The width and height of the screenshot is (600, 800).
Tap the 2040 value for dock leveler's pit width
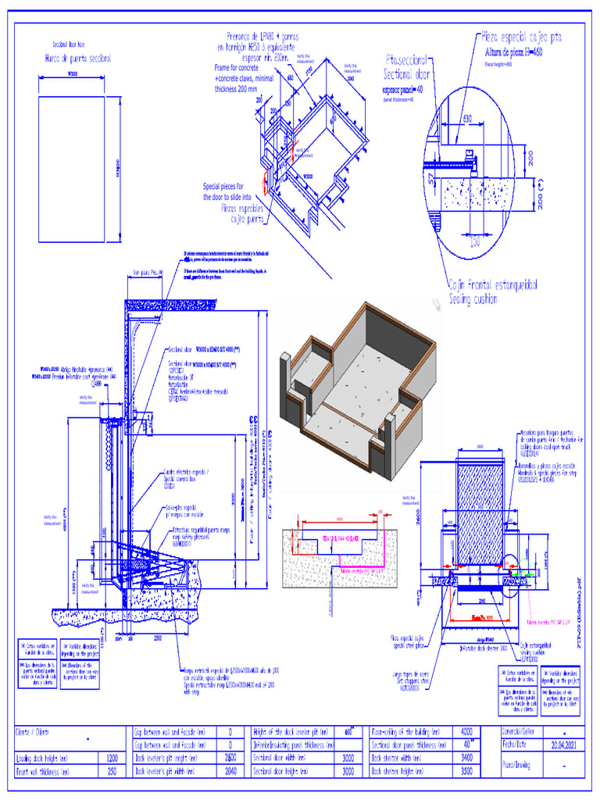(x=230, y=771)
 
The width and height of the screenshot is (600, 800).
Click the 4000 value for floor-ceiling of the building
(x=466, y=732)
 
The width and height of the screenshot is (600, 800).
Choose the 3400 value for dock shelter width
(x=466, y=758)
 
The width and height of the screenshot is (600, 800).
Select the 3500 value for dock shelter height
(x=466, y=771)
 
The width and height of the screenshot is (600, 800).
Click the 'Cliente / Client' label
(x=32, y=733)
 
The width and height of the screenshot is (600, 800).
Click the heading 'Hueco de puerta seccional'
(x=77, y=59)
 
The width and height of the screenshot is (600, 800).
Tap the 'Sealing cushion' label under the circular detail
(x=482, y=298)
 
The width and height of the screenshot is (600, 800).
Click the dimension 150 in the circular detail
(x=474, y=241)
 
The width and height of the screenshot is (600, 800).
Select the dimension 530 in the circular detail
(x=466, y=119)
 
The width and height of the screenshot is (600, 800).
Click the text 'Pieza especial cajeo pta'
(x=521, y=37)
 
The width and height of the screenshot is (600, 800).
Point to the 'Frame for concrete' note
(x=237, y=68)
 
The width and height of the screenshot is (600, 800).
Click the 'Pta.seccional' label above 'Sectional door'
(x=406, y=60)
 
